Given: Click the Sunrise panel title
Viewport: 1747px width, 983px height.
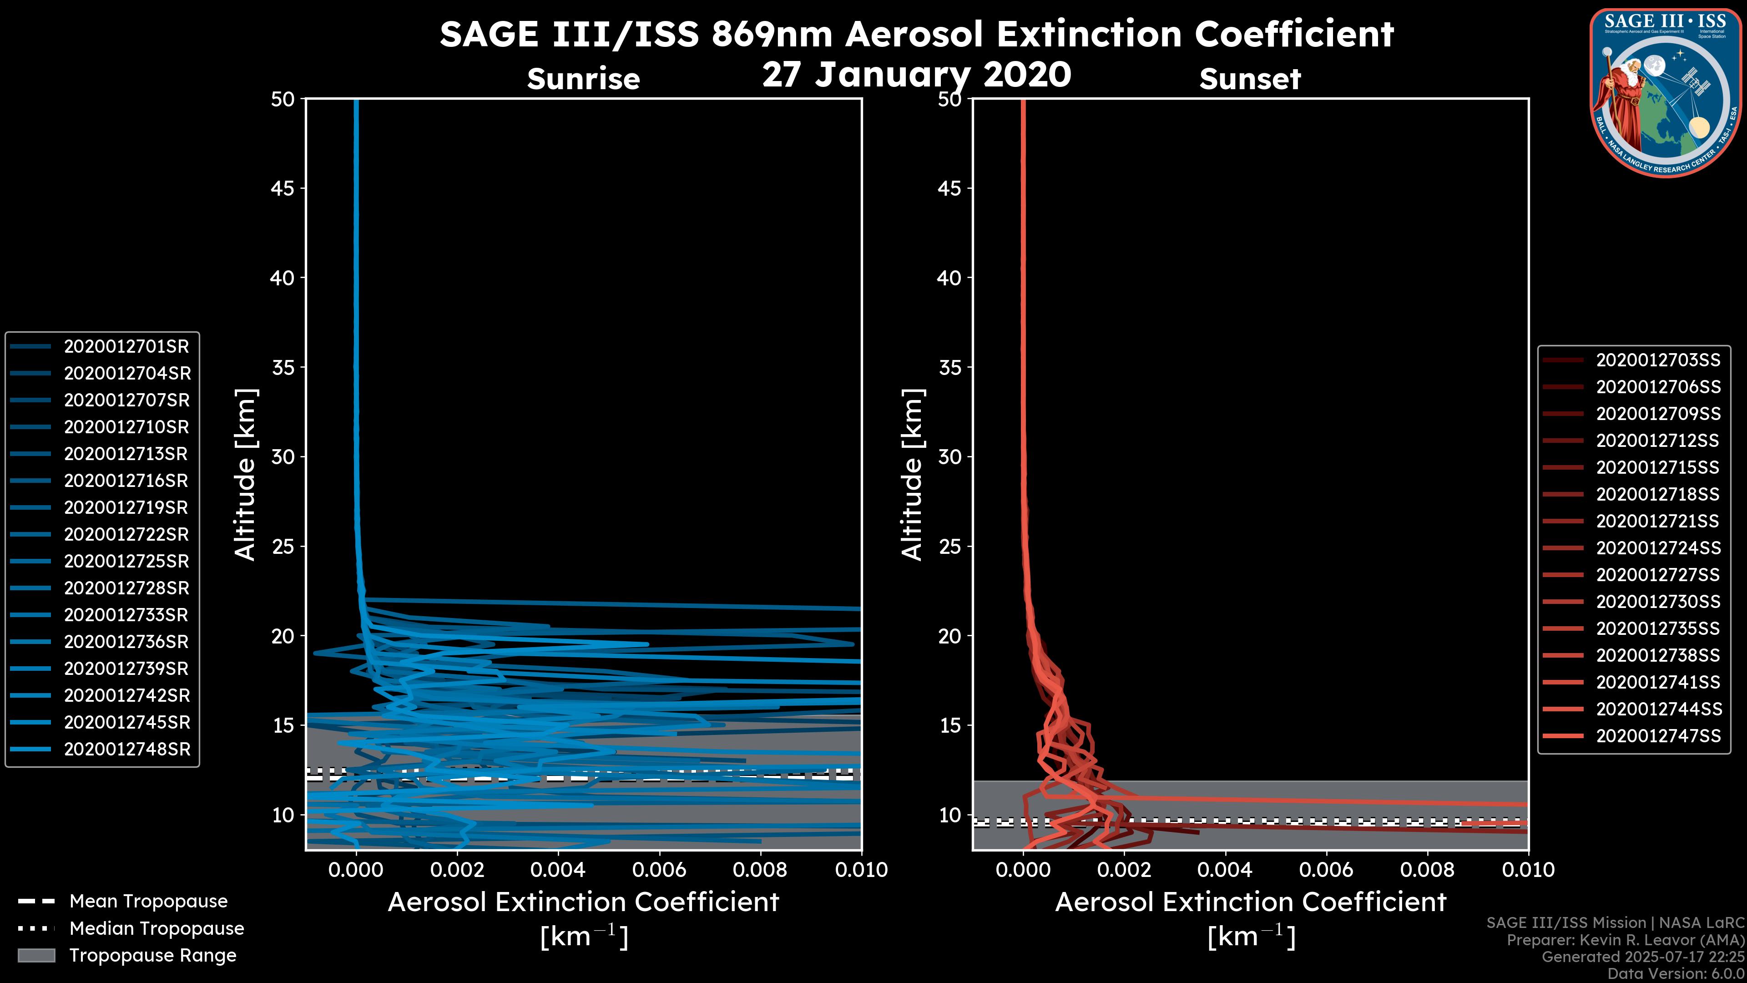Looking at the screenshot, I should point(583,79).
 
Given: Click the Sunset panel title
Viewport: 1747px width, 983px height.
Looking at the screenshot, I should point(1250,79).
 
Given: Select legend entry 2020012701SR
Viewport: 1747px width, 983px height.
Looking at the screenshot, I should point(126,347).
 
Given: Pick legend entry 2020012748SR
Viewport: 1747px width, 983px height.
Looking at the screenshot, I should point(127,749).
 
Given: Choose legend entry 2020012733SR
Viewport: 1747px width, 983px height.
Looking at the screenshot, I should point(126,615).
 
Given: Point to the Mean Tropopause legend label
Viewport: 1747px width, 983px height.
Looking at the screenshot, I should point(148,901).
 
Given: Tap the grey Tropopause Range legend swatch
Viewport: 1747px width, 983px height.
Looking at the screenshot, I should point(36,955).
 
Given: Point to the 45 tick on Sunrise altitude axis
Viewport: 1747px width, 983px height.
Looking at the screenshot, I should point(283,188).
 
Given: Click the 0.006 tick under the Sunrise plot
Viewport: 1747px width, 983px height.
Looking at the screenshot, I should point(658,870).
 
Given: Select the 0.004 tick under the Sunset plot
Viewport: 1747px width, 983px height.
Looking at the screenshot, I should point(1225,870).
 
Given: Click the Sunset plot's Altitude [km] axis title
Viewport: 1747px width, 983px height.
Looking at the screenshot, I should point(912,475).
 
